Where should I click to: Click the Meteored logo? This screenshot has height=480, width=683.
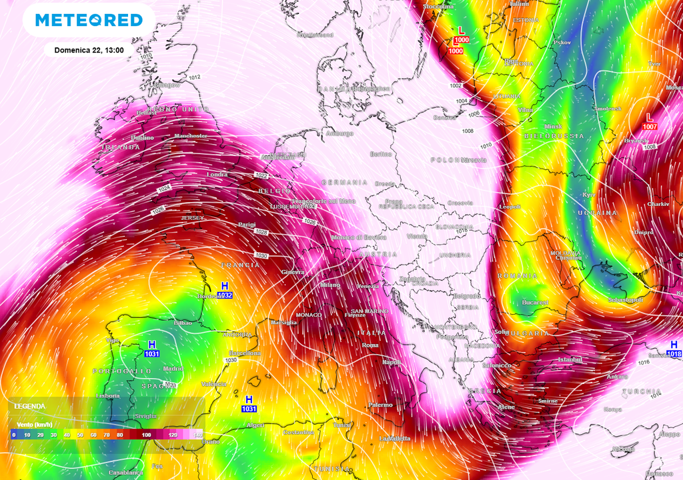(89, 20)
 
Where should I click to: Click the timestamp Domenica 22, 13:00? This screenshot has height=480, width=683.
(89, 50)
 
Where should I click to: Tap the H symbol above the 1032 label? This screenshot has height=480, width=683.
(225, 285)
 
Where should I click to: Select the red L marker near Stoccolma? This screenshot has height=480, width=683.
(461, 30)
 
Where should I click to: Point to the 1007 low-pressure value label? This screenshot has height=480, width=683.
(650, 127)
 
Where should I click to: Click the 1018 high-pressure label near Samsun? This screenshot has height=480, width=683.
(674, 354)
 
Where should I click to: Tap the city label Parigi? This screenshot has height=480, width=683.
(247, 225)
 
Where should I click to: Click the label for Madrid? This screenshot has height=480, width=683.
(173, 368)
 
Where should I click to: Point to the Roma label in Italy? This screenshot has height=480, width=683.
(370, 345)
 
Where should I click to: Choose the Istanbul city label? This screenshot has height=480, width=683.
(570, 359)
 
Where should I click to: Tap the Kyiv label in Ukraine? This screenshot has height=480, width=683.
(589, 195)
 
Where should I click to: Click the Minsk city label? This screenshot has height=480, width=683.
(553, 126)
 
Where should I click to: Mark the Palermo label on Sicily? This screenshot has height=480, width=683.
(380, 405)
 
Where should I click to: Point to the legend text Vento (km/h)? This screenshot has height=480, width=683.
(34, 424)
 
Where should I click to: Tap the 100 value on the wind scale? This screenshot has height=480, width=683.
(145, 435)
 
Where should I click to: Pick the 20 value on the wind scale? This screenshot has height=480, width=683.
(39, 435)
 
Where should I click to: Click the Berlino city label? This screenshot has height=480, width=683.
(381, 154)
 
